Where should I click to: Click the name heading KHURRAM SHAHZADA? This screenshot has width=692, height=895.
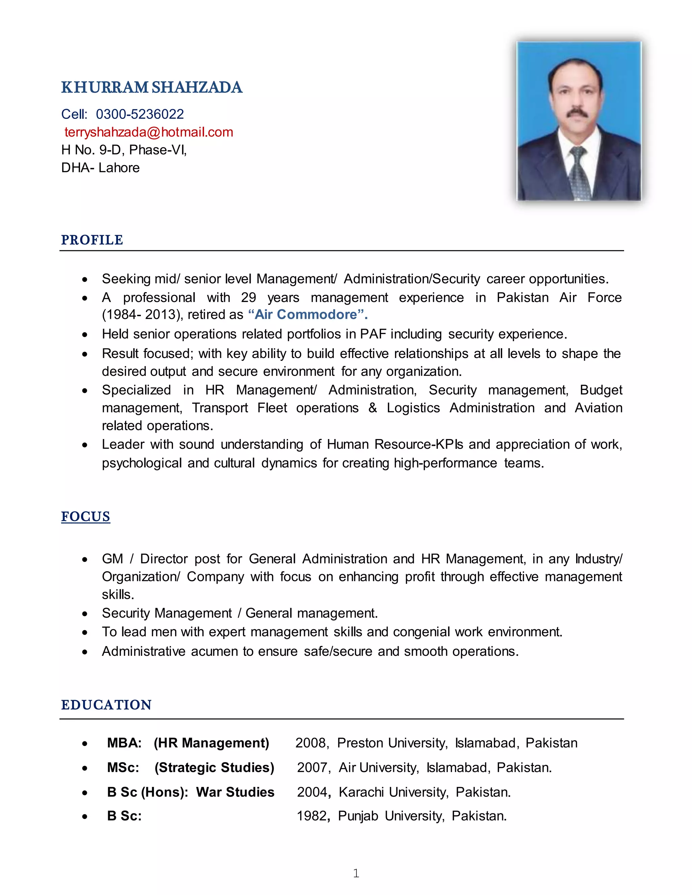152,87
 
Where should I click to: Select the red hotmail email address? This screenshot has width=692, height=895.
148,132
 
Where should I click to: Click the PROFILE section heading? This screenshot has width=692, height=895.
92,240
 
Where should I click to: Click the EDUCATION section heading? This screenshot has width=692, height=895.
106,705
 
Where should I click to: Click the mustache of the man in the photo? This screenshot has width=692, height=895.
577,113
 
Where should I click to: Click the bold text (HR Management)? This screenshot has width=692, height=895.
211,743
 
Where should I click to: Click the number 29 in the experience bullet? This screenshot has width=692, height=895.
248,297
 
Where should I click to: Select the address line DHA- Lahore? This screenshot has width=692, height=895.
100,168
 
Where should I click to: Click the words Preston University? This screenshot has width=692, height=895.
392,743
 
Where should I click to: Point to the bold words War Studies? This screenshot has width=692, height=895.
235,792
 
